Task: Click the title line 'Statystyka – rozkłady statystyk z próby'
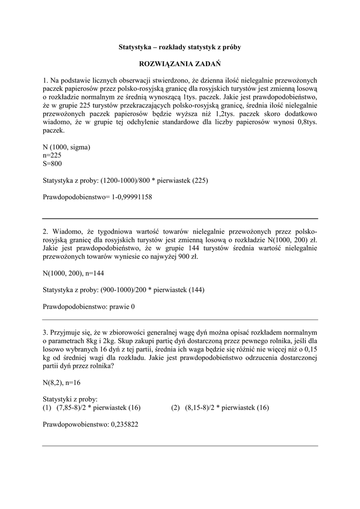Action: [x=180, y=47]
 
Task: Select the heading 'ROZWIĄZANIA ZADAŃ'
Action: [x=180, y=64]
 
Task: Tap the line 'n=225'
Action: [x=52, y=155]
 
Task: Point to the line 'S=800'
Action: [x=52, y=163]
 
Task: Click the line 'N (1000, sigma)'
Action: [x=67, y=147]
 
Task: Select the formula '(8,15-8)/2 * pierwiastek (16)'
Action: [x=227, y=408]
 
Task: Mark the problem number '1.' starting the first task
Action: [x=46, y=80]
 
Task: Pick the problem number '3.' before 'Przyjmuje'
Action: [x=46, y=332]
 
